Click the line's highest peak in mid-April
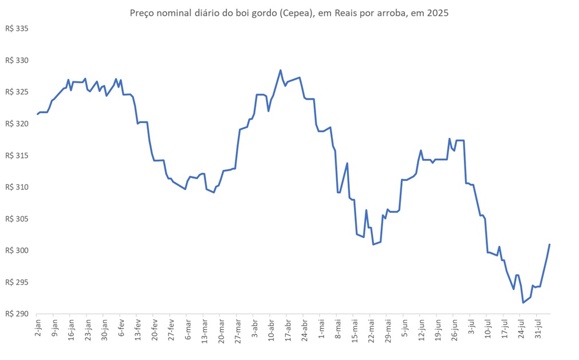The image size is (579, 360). [x=281, y=70]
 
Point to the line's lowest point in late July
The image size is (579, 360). [x=523, y=302]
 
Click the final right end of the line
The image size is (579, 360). [x=549, y=244]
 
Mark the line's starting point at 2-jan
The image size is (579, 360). [x=37, y=114]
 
